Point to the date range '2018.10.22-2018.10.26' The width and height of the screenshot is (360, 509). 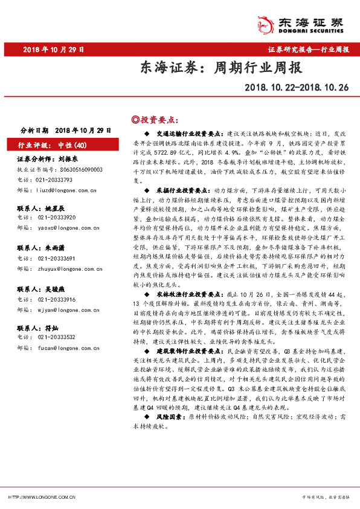(297, 88)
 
